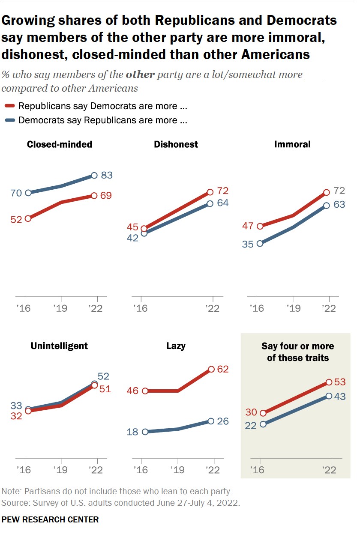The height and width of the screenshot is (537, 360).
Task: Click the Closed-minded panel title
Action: (x=59, y=144)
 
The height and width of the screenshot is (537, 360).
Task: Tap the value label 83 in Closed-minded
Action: (x=107, y=175)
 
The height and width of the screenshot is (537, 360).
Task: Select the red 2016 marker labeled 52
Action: (x=28, y=218)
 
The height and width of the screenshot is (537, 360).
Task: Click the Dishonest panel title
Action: (x=176, y=144)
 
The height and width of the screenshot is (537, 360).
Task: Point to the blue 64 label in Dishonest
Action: (x=223, y=203)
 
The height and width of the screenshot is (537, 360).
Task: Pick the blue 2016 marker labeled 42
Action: (x=144, y=233)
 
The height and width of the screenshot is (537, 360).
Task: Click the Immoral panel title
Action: (x=292, y=144)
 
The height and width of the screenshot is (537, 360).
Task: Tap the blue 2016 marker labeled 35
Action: (x=260, y=244)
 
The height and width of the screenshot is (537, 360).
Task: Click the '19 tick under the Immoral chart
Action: (x=293, y=308)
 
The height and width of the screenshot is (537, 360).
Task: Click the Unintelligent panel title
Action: (x=59, y=346)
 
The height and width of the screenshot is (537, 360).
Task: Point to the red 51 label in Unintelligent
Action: (x=105, y=389)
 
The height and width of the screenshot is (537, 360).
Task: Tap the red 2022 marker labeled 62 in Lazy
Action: (x=211, y=369)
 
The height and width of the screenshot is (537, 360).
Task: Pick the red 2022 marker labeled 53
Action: (x=329, y=382)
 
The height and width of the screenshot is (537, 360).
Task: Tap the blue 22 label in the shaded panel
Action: (x=250, y=426)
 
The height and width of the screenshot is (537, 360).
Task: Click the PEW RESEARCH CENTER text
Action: (x=50, y=519)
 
